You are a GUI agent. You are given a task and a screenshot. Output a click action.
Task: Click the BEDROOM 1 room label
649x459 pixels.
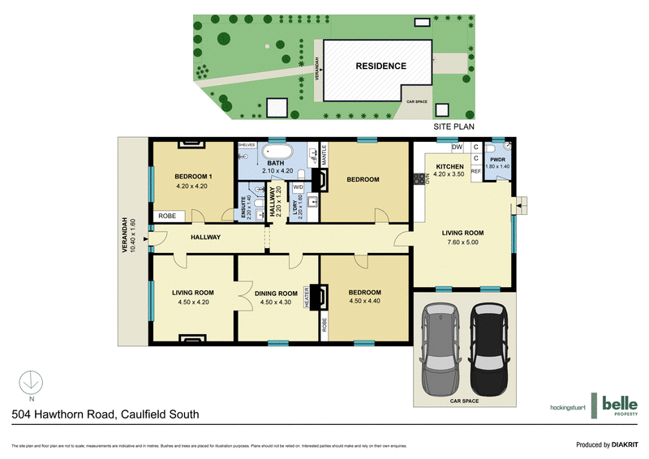[x=193, y=176]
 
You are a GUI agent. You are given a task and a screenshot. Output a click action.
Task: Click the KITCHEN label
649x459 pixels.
[x=449, y=166]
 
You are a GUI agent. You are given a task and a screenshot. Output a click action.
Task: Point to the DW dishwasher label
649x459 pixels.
[x=458, y=147]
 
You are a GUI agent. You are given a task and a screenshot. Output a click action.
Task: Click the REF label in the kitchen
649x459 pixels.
[x=476, y=172]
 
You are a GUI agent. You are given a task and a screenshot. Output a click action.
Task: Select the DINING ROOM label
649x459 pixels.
[x=277, y=293]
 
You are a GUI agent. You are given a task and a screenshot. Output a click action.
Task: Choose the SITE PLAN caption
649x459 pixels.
[x=453, y=127]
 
